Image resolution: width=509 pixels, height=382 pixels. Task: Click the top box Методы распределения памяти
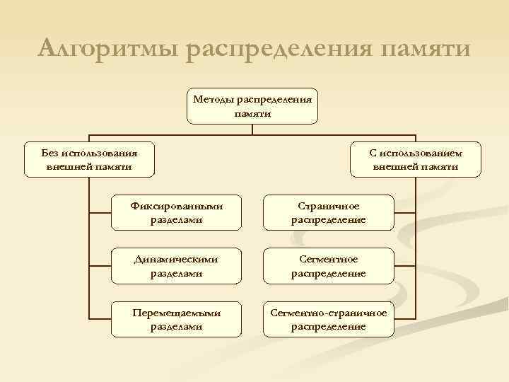[x=253, y=106]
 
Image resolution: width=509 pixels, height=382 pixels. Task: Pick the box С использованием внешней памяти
[x=416, y=159]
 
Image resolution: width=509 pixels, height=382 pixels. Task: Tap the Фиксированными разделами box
[x=177, y=213]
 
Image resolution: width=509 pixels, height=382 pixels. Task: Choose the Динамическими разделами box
[x=177, y=266]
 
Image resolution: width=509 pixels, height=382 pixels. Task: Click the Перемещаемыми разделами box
[x=177, y=319]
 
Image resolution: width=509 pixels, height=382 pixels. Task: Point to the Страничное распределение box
[x=329, y=213]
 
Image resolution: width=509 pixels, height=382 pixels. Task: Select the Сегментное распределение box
[x=329, y=266]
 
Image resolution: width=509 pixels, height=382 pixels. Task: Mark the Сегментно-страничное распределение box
[x=329, y=319]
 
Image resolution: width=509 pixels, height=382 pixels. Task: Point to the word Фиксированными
[x=177, y=207]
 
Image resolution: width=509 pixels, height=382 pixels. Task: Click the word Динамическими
[x=177, y=260]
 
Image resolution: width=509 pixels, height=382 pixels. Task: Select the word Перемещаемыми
[x=177, y=313]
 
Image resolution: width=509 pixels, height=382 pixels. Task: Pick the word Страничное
[x=329, y=207]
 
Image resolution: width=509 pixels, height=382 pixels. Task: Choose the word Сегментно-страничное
[x=329, y=313]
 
